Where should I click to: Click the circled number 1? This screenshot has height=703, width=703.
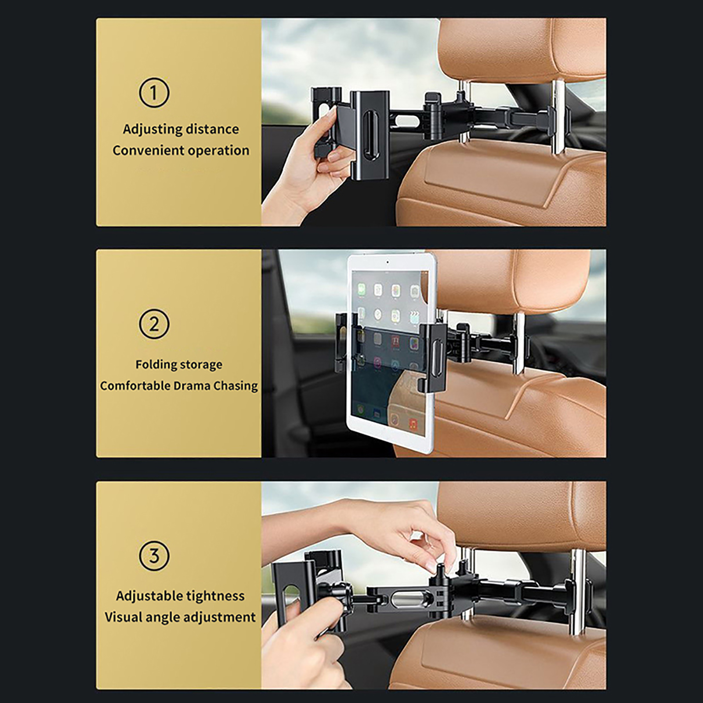tap(154, 93)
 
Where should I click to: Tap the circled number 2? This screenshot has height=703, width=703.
tap(154, 324)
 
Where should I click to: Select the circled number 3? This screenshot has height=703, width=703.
tap(154, 556)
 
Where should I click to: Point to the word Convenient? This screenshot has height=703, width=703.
tap(147, 150)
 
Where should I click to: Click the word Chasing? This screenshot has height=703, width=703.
tap(236, 386)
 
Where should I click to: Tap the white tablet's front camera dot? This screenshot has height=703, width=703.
tap(388, 262)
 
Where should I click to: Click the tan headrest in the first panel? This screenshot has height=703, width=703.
tap(523, 48)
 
